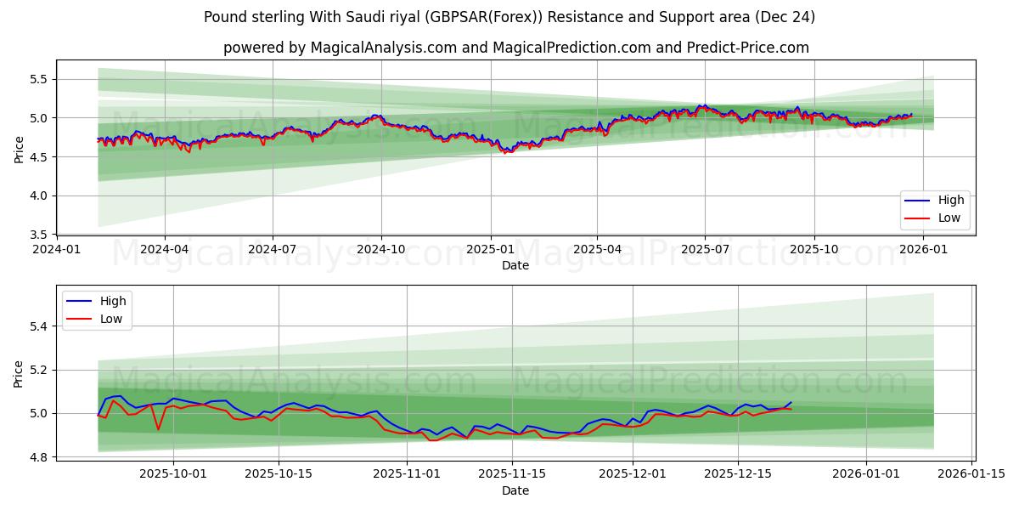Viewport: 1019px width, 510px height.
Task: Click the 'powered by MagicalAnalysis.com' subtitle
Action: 515,48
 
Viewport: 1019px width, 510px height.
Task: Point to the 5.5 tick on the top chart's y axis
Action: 38,79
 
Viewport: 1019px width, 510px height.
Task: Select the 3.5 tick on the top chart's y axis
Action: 38,235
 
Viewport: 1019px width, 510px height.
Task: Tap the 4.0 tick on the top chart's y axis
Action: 38,195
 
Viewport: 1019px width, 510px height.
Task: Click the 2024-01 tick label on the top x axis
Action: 57,250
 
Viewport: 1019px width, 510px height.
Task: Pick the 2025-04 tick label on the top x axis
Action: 597,250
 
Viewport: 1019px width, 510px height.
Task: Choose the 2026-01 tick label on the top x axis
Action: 923,250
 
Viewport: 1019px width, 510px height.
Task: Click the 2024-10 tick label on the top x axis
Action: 381,250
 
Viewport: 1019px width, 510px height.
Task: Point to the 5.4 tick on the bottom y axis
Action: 38,326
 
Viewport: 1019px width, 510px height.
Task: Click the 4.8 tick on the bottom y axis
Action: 38,457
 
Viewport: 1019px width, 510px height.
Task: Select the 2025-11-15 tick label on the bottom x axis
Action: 512,473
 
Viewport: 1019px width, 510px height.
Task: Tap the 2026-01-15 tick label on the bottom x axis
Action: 971,473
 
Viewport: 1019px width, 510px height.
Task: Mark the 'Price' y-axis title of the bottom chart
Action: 19,373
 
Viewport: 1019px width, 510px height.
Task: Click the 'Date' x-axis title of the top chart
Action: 515,265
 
